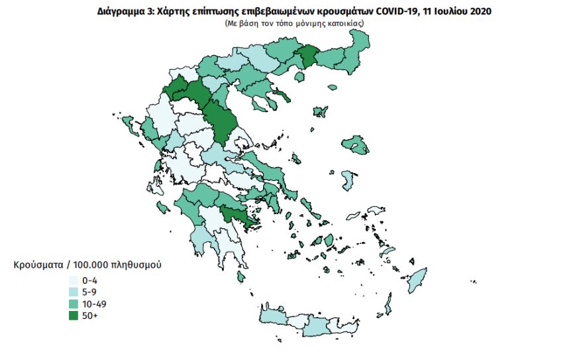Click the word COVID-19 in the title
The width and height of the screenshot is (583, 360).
(396, 11)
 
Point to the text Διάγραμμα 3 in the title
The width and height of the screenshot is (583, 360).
(119, 11)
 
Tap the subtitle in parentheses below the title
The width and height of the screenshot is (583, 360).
(294, 23)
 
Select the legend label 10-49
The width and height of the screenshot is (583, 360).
(95, 304)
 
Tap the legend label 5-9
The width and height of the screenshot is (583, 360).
(91, 292)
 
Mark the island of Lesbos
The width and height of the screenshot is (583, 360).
(356, 145)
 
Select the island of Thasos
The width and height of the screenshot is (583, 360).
(298, 78)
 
